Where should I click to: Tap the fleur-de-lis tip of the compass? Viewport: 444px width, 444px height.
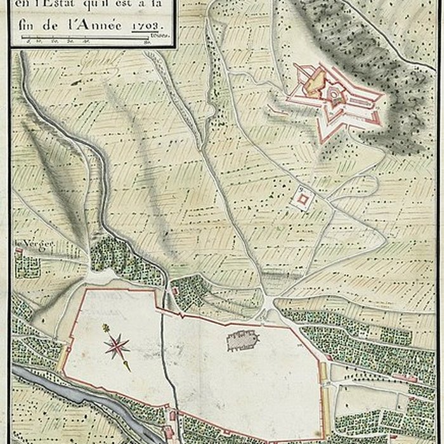point(105,329)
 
